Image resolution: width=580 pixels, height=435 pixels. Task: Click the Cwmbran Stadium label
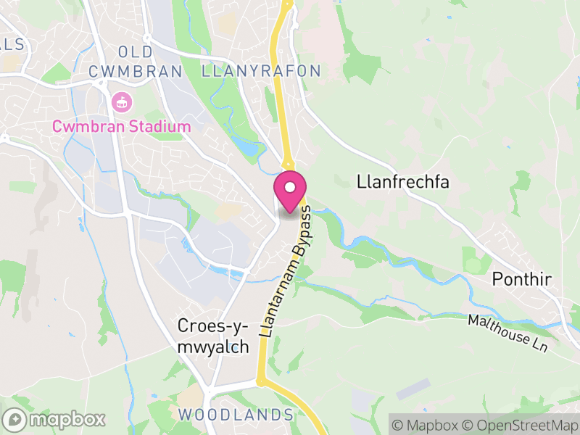click(x=121, y=127)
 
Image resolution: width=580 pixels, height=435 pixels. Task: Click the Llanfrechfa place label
click(x=403, y=182)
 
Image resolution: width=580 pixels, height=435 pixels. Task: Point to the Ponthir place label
click(x=523, y=279)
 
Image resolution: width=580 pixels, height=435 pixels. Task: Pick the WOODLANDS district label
click(x=236, y=415)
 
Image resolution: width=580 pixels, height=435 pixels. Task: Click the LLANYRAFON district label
click(x=261, y=71)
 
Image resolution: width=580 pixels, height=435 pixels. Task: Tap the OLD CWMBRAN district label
click(x=135, y=62)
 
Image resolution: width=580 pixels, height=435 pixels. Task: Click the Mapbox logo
click(x=54, y=419)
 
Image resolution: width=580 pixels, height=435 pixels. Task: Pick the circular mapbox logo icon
click(x=14, y=419)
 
